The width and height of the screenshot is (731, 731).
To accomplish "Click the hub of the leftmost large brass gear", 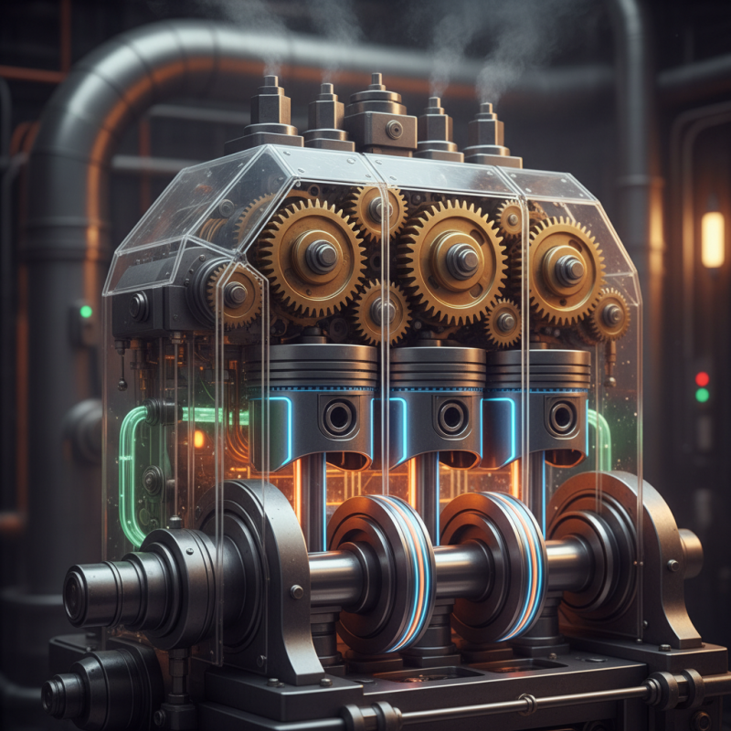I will (x=319, y=257).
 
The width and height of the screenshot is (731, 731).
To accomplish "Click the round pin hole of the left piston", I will (x=338, y=417).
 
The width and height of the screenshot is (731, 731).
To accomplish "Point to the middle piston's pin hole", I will (x=451, y=417).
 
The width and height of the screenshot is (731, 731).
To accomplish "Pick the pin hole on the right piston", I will (x=562, y=417).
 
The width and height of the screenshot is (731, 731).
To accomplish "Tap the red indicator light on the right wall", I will (x=702, y=378).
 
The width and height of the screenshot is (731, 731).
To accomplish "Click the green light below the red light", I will (x=702, y=396).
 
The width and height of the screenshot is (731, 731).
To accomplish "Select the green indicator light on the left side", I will (x=86, y=312).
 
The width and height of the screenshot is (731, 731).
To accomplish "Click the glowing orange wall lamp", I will (x=713, y=238).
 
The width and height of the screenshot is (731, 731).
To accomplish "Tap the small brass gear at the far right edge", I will (x=609, y=314).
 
